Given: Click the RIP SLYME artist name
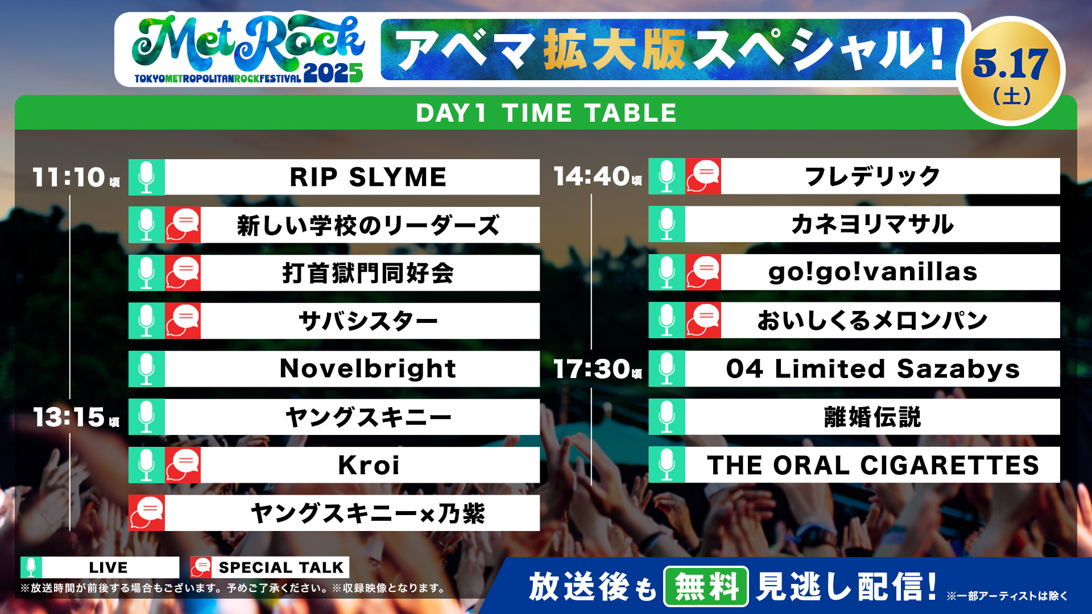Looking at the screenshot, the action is coord(368,177).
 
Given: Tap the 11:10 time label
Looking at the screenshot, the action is coord(69,177).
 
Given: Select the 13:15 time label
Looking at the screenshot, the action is coord(69,417).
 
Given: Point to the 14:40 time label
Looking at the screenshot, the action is coord(591,176).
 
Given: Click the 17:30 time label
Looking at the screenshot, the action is coord(591,368).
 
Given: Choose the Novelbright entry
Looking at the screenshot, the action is coord(368,368).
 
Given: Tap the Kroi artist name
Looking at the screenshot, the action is coord(369,465).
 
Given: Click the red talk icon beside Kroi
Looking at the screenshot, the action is coord(183,465).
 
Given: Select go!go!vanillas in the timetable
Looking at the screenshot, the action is coord(872,272).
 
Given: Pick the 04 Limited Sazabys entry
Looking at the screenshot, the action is coord(872,368).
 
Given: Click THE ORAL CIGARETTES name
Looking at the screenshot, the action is coord(872,465).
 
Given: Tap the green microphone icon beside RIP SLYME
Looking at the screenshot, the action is coord(147,177).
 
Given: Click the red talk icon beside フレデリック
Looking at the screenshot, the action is coord(703,176).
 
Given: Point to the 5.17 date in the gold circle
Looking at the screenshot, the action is coord(1010,64).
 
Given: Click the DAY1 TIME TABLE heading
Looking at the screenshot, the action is coord(546,113).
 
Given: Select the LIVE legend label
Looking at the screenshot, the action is coord(108,567).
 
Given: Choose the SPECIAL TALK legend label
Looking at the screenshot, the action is coord(281,567).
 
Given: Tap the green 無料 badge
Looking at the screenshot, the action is coord(706,587).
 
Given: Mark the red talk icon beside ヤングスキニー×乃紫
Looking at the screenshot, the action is coord(147,513).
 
